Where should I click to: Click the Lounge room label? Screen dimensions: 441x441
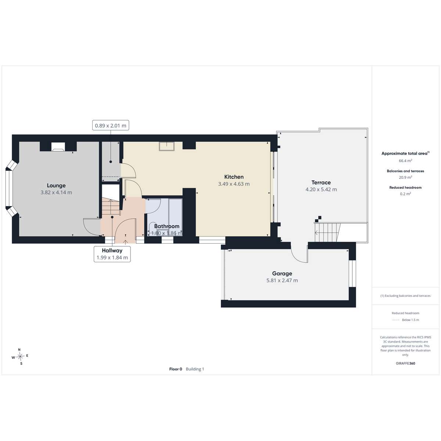click(56, 185)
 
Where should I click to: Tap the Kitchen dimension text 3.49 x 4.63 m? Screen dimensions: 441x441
click(234, 184)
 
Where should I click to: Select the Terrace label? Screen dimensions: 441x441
click(321, 182)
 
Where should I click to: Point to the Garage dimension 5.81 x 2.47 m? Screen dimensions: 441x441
click(282, 280)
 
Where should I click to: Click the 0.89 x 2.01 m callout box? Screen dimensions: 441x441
click(111, 125)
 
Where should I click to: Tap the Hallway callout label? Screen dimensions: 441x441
click(112, 250)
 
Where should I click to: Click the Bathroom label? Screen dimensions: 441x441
click(166, 226)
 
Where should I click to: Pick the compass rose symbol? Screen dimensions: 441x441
click(20, 356)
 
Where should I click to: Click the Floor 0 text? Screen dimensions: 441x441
click(176, 369)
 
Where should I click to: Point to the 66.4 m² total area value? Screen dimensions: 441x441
click(405, 161)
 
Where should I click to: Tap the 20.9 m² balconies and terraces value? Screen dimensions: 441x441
click(405, 177)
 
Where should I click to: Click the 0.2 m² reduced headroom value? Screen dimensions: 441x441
click(405, 194)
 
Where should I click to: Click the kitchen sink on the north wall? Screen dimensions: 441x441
click(166, 146)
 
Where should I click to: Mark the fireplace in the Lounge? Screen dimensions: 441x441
click(58, 147)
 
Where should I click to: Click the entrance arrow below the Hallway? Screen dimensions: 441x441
click(125, 242)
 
